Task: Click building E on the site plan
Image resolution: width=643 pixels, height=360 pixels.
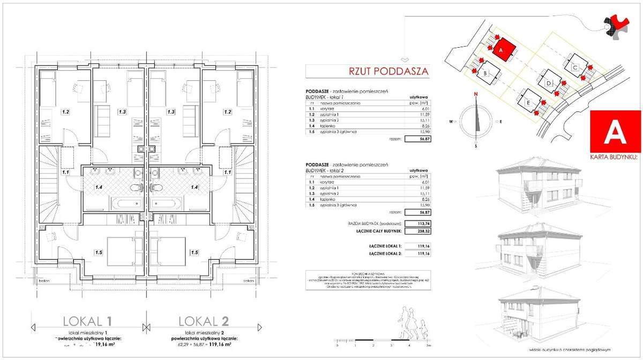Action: click(x=528, y=101)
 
